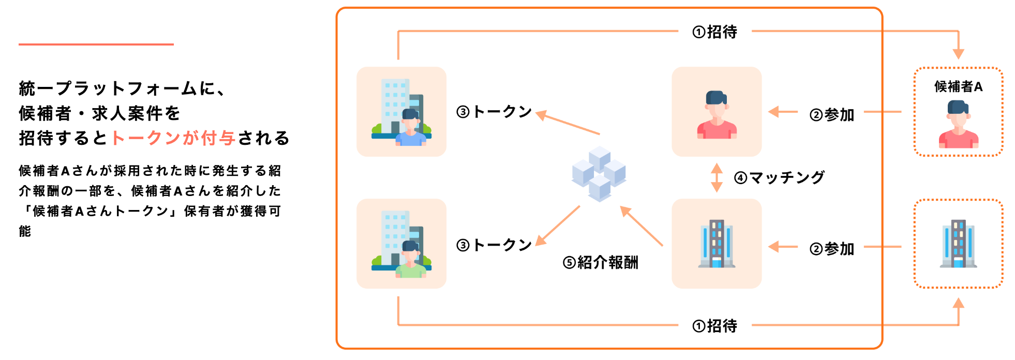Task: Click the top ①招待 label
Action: (714, 32)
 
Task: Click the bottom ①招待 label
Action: (714, 326)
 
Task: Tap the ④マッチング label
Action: (779, 178)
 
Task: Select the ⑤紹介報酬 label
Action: (600, 263)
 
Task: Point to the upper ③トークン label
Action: (494, 112)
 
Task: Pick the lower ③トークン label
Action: (494, 245)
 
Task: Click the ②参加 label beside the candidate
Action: (831, 115)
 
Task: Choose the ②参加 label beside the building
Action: (831, 249)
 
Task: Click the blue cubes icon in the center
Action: (599, 173)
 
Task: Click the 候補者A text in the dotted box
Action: (958, 87)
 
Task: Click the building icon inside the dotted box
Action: (958, 244)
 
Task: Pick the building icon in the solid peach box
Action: (717, 244)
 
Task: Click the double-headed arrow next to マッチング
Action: (717, 177)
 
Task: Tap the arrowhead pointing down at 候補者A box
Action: (958, 54)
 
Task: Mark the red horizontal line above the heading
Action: (96, 44)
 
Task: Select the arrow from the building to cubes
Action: (641, 226)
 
